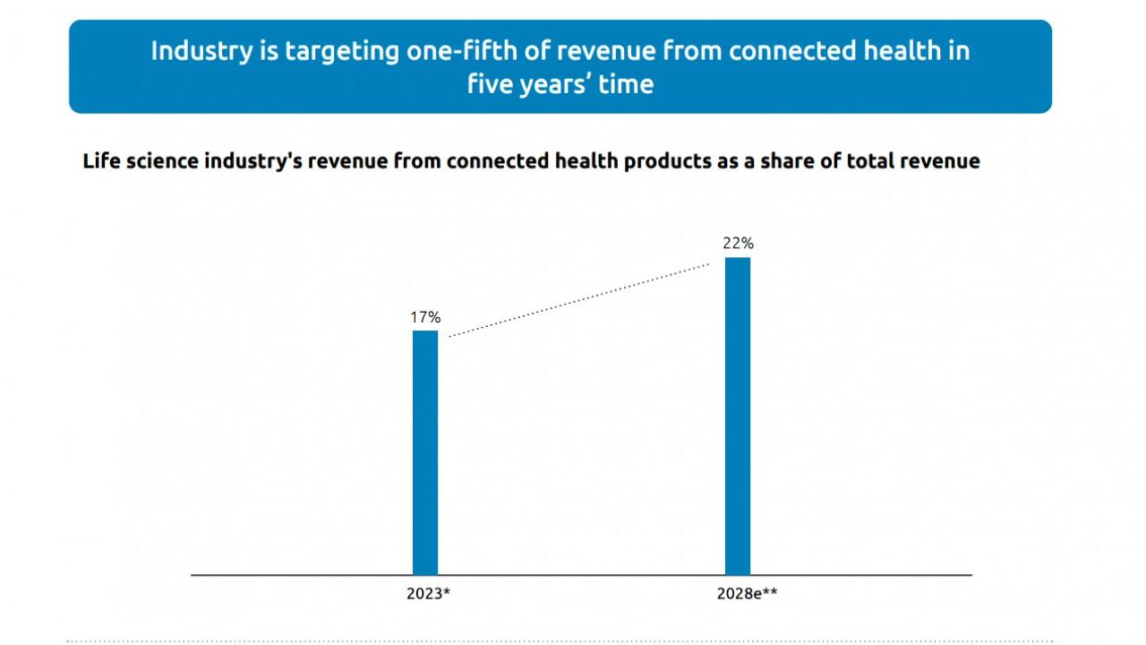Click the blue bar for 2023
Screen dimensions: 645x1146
(425, 452)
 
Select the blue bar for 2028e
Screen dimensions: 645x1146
(738, 416)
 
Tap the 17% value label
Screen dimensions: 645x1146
(425, 317)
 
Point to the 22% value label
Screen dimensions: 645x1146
(738, 243)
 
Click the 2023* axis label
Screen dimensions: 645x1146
(427, 593)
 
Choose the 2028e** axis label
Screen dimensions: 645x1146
(747, 593)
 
